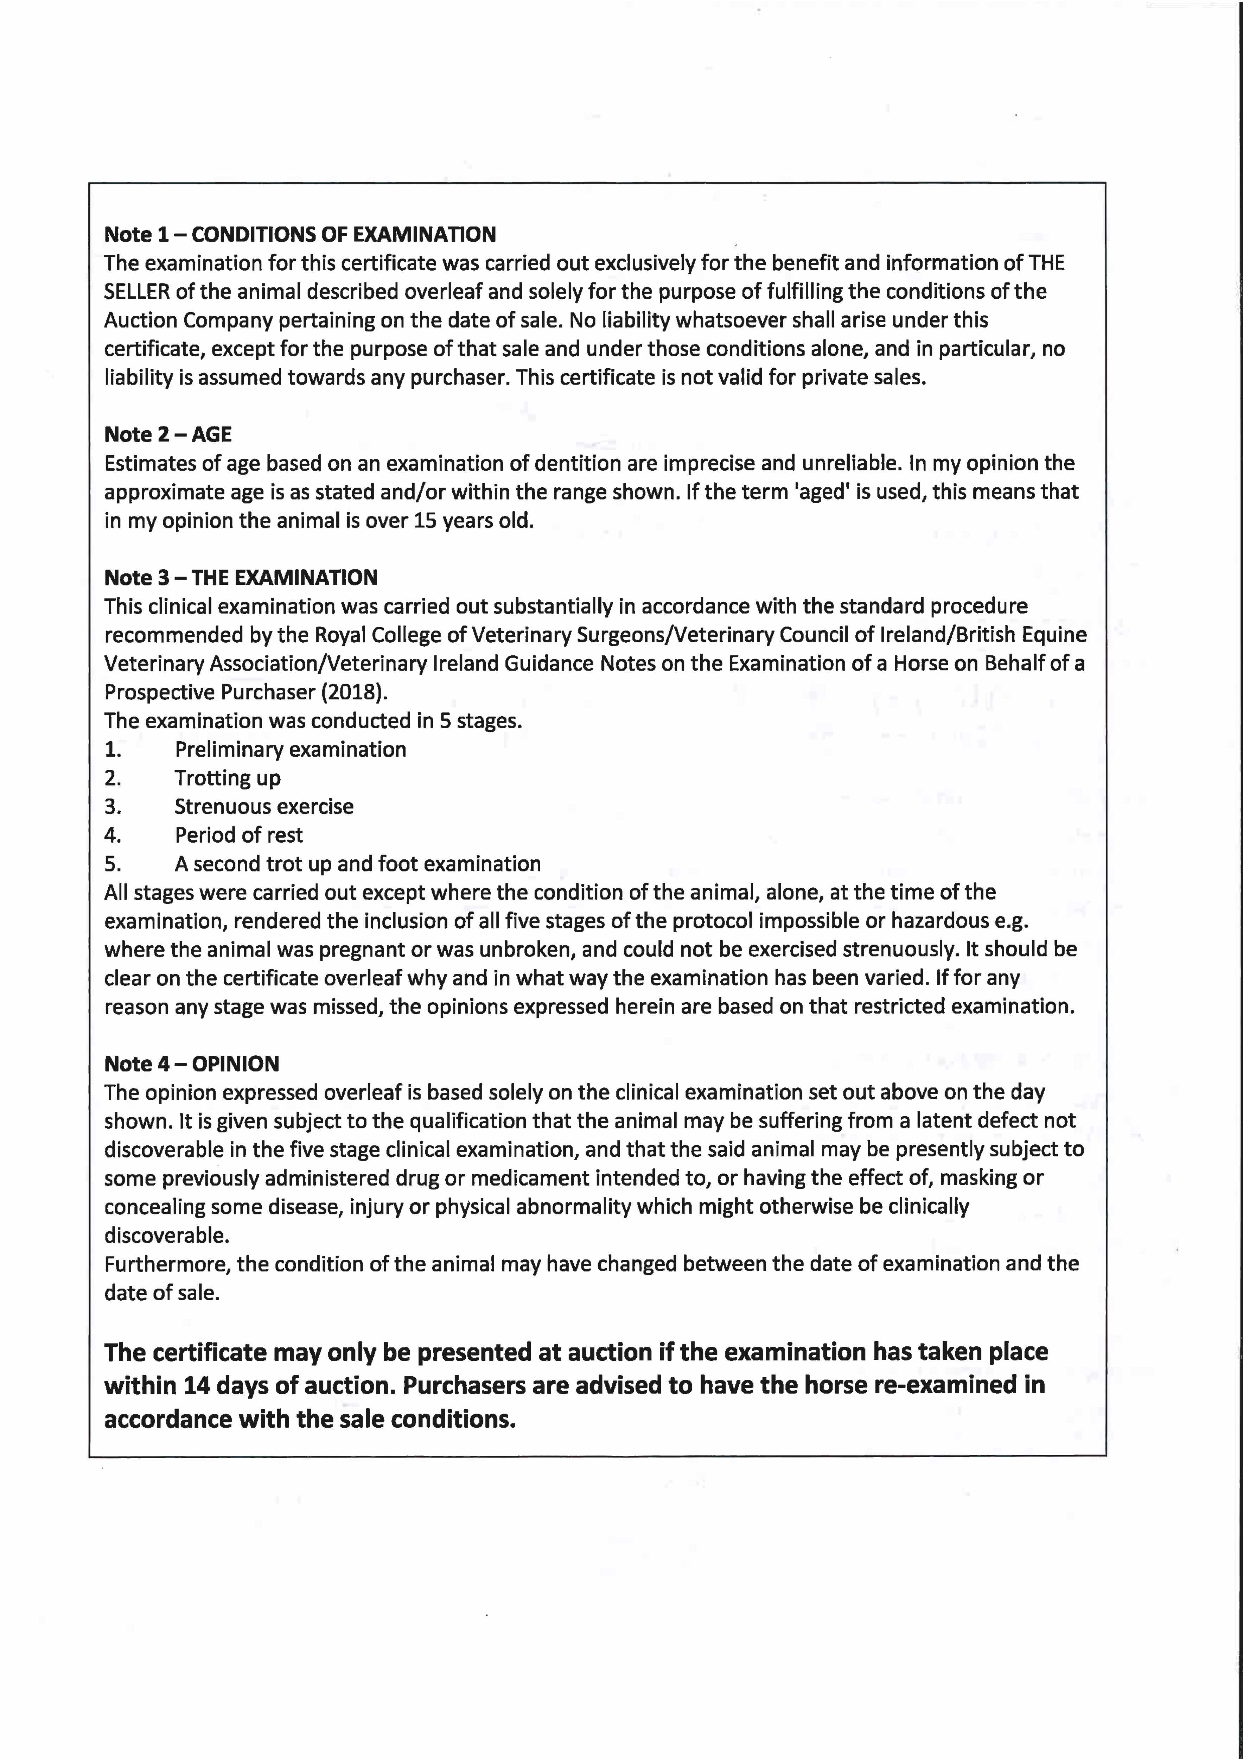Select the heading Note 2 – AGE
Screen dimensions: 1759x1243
168,434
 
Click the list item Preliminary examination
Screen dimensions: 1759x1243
290,749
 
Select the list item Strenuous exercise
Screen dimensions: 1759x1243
264,807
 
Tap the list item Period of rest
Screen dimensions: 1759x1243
239,835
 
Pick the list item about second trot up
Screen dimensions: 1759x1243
358,864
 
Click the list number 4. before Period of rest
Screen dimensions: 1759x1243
113,835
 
